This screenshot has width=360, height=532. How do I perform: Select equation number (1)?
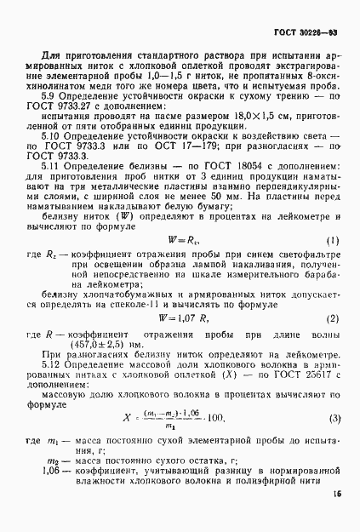[333, 240]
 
